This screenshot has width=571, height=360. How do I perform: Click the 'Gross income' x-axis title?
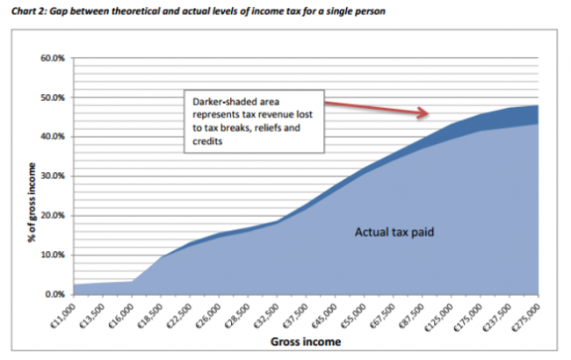[x=306, y=341]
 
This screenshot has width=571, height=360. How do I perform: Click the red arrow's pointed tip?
[x=429, y=113]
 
